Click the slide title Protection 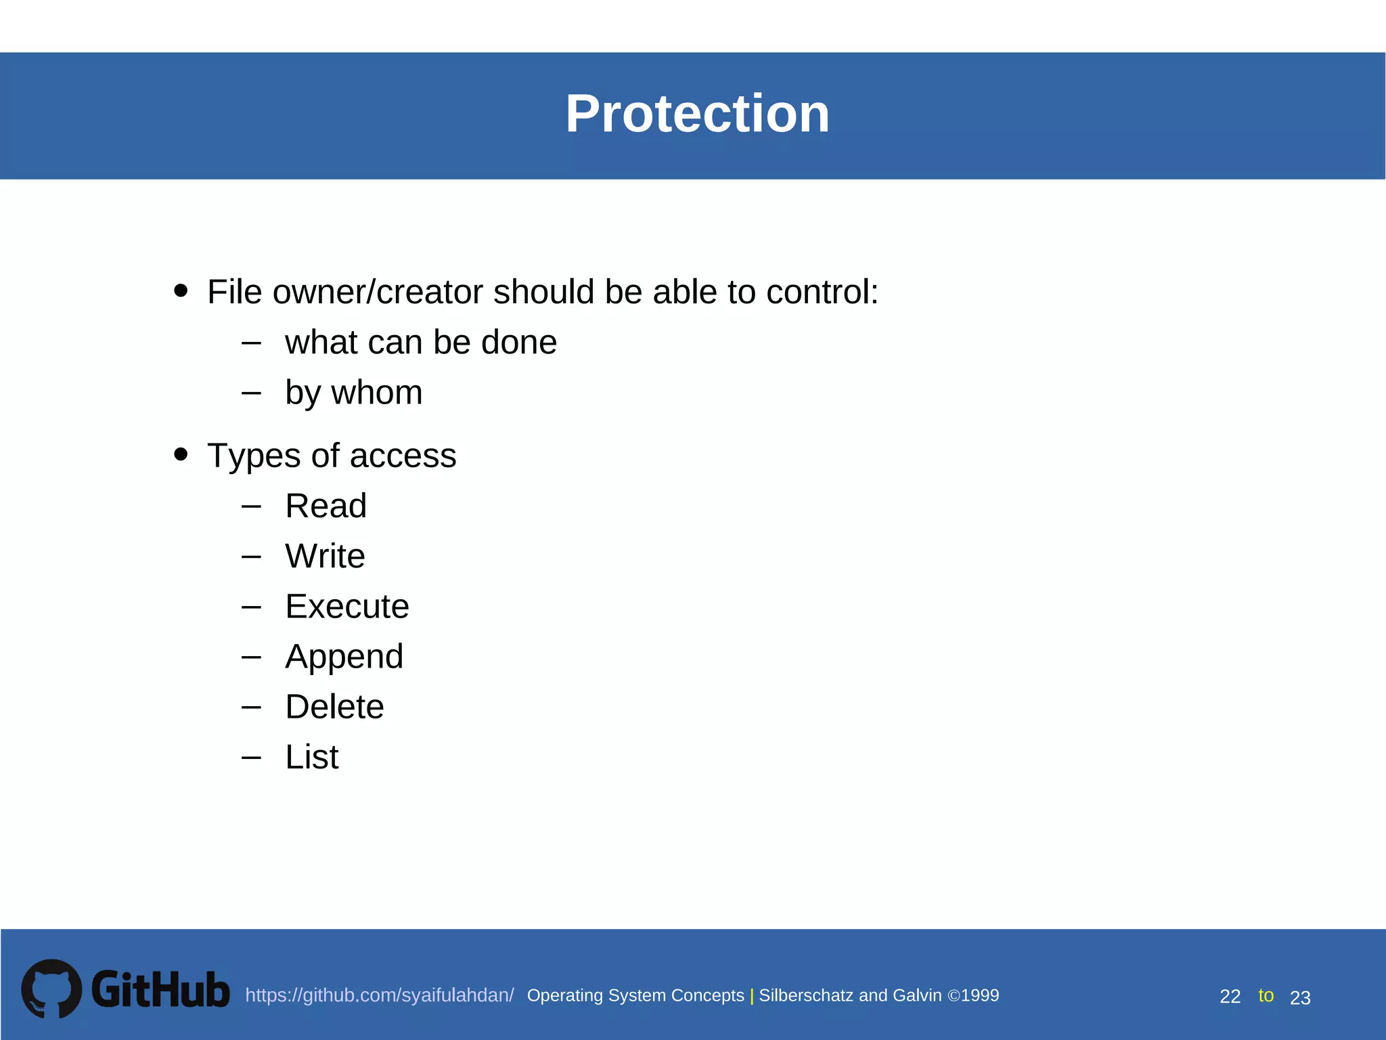tap(697, 114)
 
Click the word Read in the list tap(326, 506)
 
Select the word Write tap(325, 556)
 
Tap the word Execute tap(346, 606)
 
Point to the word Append tap(344, 657)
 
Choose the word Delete tap(334, 707)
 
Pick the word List tap(311, 757)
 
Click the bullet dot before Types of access tap(181, 454)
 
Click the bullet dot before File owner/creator tap(181, 290)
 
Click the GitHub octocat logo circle tap(51, 989)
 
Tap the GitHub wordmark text tap(160, 989)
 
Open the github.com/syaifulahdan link tap(379, 995)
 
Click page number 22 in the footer tap(1230, 997)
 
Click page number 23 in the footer tap(1300, 998)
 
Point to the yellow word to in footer tap(1266, 995)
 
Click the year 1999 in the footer tap(980, 995)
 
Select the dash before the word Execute tap(251, 607)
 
